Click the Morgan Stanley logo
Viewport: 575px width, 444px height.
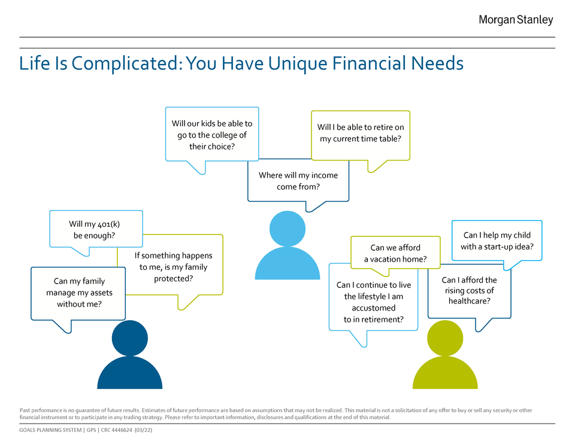pyautogui.click(x=516, y=20)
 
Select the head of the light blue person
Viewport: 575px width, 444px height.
pyautogui.click(x=287, y=229)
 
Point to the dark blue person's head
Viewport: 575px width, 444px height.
pyautogui.click(x=130, y=338)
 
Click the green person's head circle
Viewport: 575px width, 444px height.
pyautogui.click(x=445, y=338)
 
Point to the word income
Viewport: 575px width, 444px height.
pyautogui.click(x=324, y=175)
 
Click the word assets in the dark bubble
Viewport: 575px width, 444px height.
pyautogui.click(x=101, y=293)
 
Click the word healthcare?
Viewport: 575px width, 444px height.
pyautogui.click(x=470, y=301)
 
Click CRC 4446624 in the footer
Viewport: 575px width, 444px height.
pyautogui.click(x=116, y=430)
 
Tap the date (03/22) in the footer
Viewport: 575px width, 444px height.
pyautogui.click(x=143, y=430)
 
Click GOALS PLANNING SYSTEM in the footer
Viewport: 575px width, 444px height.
pyautogui.click(x=50, y=430)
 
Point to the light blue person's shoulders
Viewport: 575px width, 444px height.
pyautogui.click(x=287, y=263)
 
